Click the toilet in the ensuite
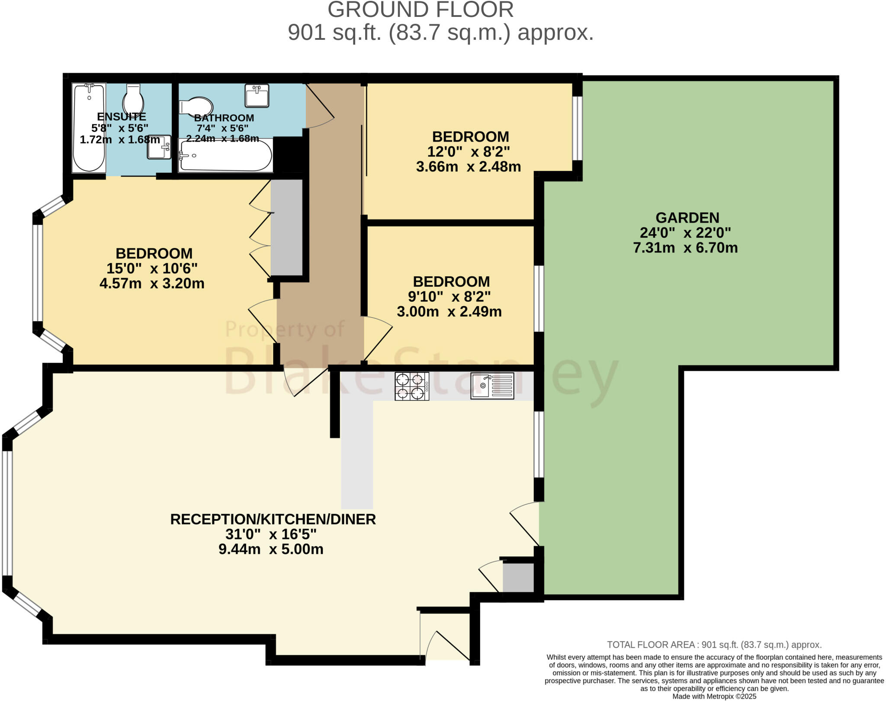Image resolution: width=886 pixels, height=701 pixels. tap(133, 98)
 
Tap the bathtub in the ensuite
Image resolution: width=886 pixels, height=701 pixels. tap(89, 128)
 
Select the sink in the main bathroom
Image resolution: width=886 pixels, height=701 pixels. tap(257, 95)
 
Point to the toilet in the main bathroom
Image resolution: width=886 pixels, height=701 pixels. tap(197, 107)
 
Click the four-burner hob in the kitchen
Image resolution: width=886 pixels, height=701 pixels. tap(411, 386)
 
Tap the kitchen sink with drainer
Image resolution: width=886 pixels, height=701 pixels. tap(492, 385)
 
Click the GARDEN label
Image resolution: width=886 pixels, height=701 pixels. tap(687, 217)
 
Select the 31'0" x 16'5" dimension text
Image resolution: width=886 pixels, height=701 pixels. tap(271, 534)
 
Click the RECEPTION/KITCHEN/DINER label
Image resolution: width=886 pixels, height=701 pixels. tap(273, 519)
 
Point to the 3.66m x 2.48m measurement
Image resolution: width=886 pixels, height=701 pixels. tap(469, 167)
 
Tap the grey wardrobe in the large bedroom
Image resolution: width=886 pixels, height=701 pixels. tap(286, 227)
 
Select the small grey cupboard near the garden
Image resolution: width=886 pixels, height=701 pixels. tap(518, 577)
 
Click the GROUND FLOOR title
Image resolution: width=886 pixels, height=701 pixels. tap(420, 10)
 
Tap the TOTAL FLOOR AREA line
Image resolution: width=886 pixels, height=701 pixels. tap(714, 645)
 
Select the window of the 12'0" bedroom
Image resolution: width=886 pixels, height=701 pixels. tap(577, 128)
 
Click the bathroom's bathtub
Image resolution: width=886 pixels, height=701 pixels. tap(226, 155)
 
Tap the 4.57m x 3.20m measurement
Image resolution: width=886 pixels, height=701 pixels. tap(152, 284)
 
